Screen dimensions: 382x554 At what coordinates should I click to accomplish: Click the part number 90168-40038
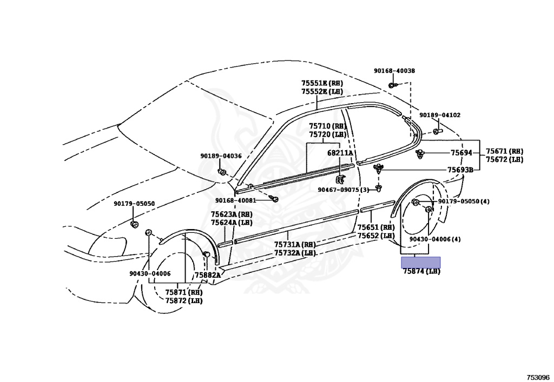[x=394, y=71]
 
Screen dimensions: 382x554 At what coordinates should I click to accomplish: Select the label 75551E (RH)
[x=322, y=83]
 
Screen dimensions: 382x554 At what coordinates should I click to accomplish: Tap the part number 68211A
[x=340, y=153]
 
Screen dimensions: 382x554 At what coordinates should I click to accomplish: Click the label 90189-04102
[x=440, y=115]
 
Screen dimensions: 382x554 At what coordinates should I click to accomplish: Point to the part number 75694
[x=461, y=153]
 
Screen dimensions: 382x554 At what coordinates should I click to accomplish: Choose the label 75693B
[x=460, y=170]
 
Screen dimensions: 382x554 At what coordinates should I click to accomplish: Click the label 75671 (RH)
[x=504, y=151]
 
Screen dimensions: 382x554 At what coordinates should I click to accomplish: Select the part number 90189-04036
[x=221, y=156]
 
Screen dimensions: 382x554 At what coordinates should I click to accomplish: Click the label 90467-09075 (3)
[x=343, y=190]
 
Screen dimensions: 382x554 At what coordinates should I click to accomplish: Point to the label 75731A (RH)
[x=295, y=244]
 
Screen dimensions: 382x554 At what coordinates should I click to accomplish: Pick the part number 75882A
[x=208, y=275]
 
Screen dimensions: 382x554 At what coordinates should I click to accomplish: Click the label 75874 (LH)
[x=421, y=271]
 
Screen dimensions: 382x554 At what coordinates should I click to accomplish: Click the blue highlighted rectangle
[x=420, y=262]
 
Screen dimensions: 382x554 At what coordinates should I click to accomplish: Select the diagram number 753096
[x=538, y=377]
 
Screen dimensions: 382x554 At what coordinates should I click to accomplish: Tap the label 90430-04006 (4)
[x=435, y=239]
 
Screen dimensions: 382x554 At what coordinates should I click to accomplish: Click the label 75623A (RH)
[x=232, y=215]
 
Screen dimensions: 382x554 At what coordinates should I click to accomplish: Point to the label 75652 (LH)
[x=375, y=236]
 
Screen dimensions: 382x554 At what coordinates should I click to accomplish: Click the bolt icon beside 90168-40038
[x=392, y=85]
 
